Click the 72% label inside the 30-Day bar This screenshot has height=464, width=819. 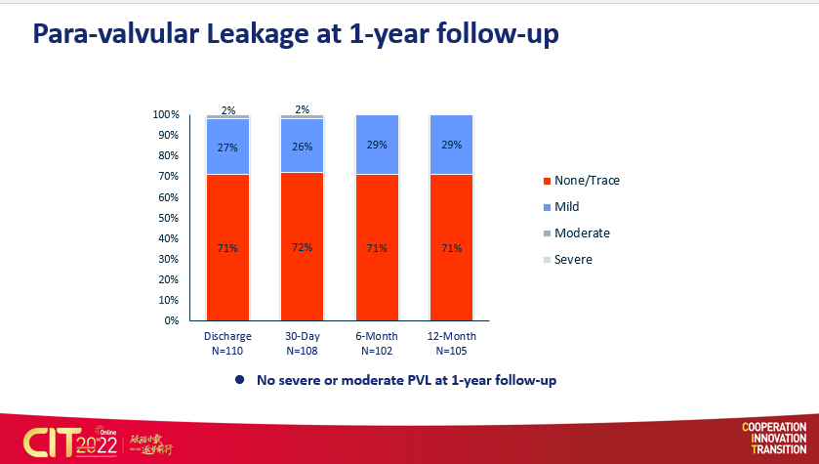coord(303,247)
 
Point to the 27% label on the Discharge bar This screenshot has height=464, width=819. coord(227,148)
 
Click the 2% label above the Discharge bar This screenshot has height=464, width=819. coord(227,110)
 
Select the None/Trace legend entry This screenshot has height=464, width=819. coord(586,180)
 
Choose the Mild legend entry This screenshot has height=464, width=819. coord(567,206)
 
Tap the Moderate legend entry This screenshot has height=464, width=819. coord(582,232)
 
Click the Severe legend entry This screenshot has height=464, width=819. coord(573,260)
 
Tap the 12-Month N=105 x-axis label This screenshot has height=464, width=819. coord(452,342)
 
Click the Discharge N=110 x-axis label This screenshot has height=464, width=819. coord(227,342)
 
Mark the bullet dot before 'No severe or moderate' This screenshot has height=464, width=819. coord(239,379)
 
